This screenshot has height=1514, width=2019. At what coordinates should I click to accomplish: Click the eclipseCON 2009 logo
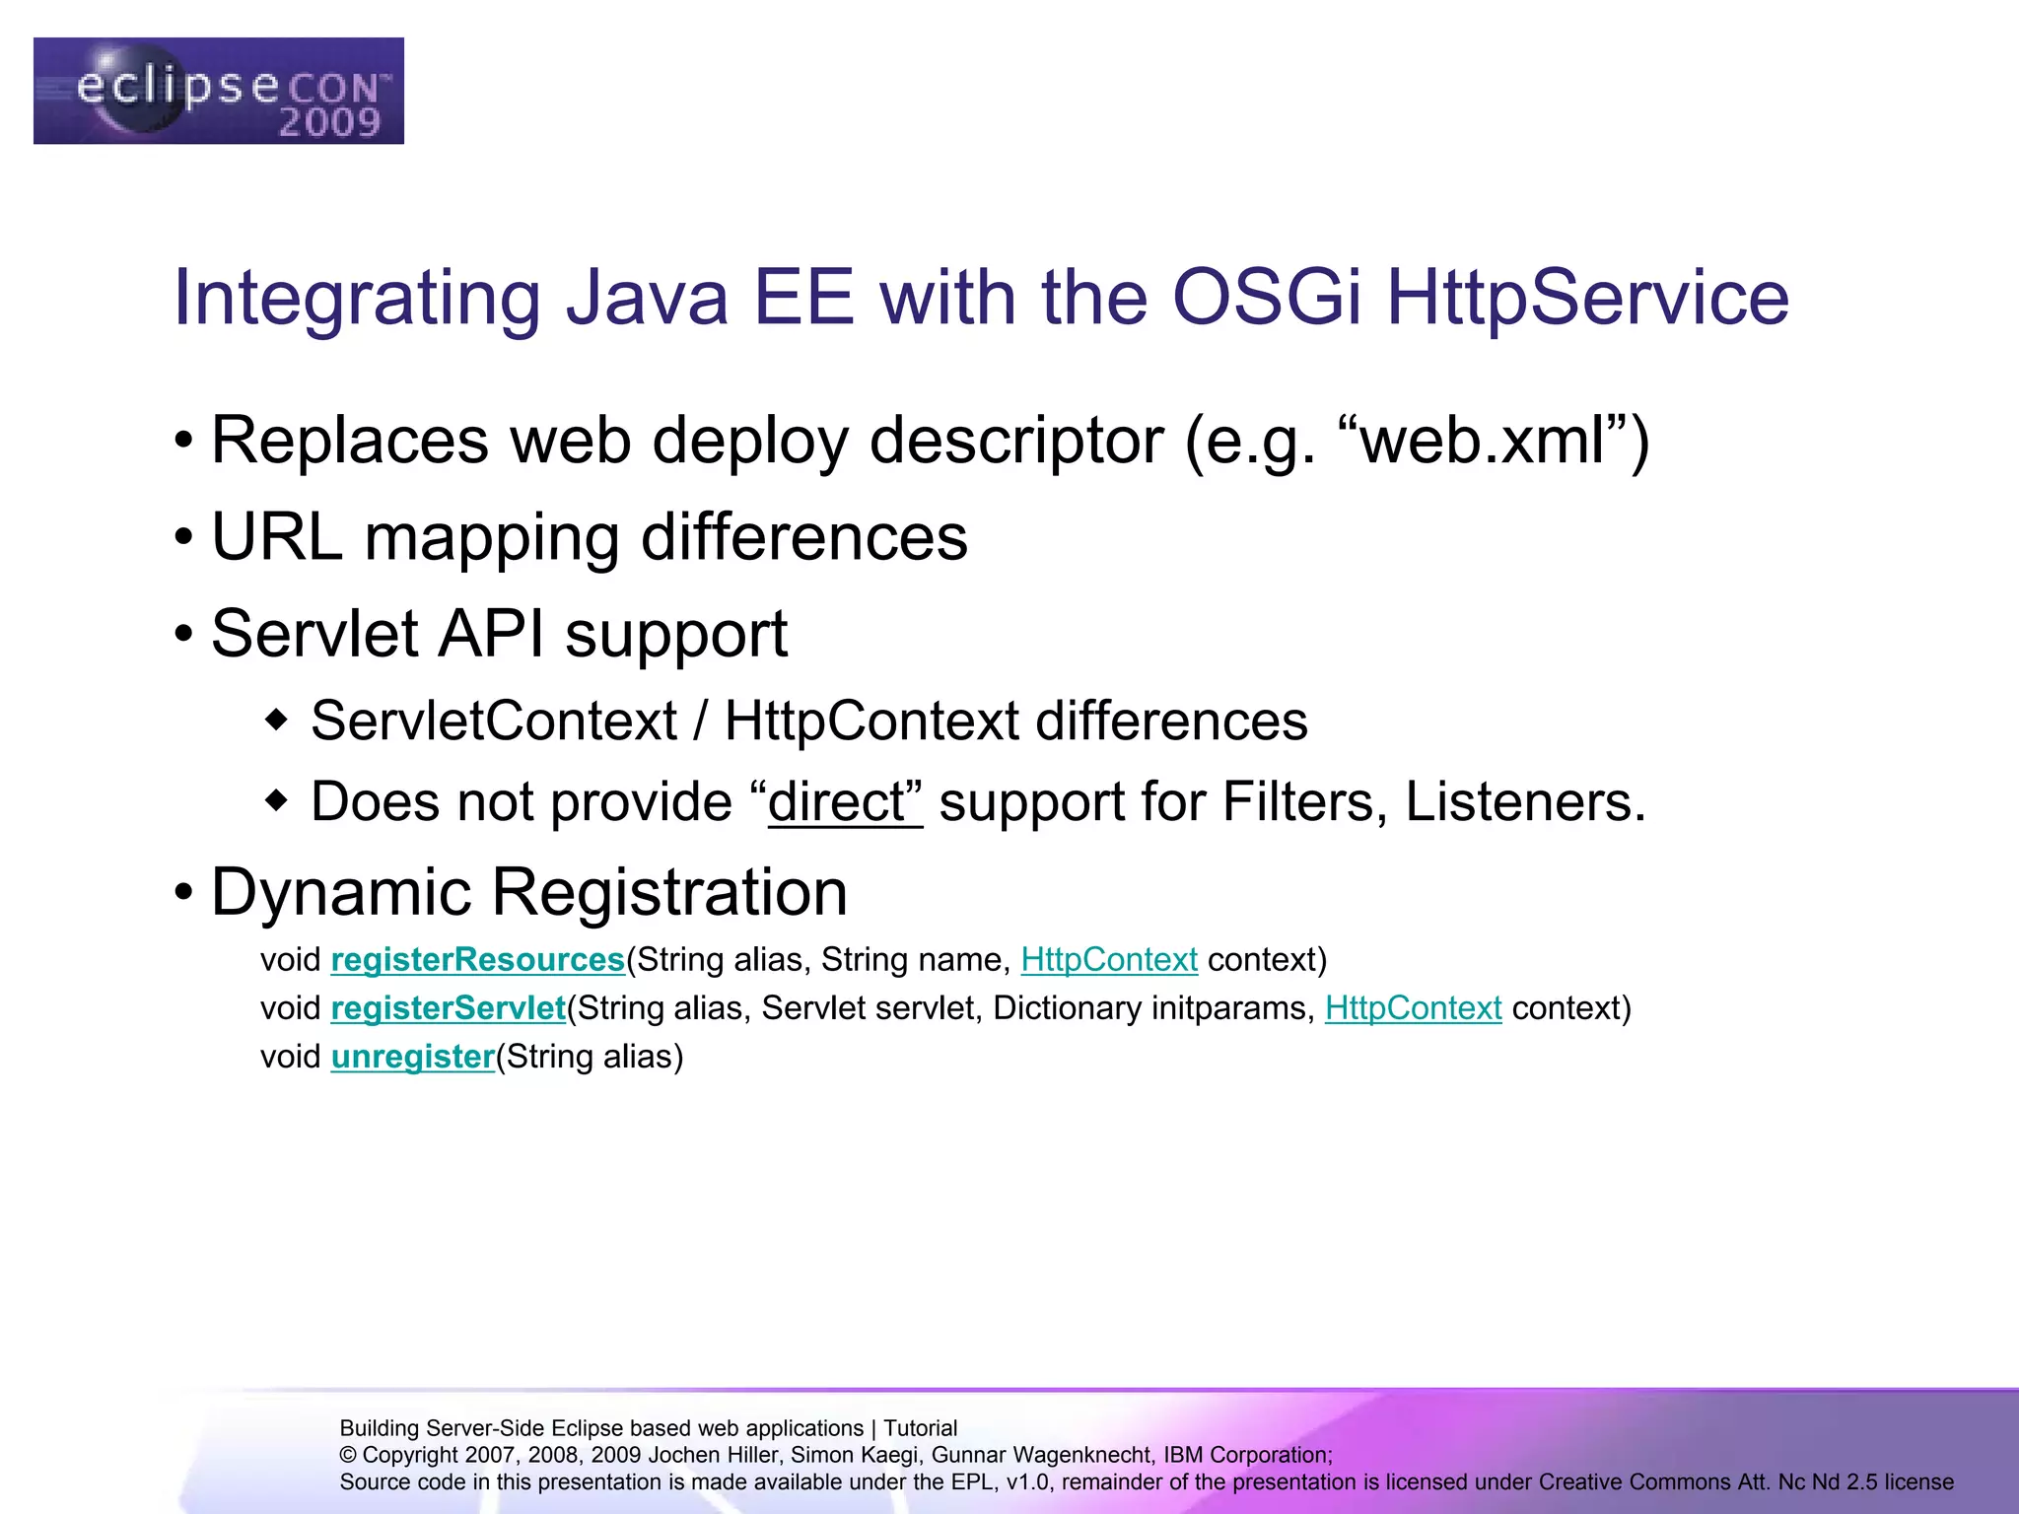[218, 91]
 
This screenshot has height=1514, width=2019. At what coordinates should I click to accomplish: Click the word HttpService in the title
[1587, 298]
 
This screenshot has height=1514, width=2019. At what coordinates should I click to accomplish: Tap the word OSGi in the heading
[1266, 298]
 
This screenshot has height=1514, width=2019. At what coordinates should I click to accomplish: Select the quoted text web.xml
[1495, 441]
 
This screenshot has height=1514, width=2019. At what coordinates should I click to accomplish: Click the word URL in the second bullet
[277, 538]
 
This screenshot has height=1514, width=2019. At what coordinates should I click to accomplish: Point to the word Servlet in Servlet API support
[314, 634]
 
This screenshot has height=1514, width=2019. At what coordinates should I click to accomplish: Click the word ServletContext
[494, 721]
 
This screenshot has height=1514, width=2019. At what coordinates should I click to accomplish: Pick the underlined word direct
[844, 801]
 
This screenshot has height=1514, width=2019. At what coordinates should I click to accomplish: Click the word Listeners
[1524, 801]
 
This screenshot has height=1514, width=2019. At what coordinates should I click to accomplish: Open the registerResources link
[477, 960]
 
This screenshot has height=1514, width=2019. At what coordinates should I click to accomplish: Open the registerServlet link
[448, 1008]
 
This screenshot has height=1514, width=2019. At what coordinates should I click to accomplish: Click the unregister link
[412, 1057]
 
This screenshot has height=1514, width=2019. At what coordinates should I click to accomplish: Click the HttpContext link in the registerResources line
[1108, 960]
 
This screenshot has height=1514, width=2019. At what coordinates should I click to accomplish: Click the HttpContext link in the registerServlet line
[1413, 1008]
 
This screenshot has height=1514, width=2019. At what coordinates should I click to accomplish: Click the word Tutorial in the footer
[920, 1428]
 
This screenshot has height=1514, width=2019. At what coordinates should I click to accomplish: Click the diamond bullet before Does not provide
[277, 799]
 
